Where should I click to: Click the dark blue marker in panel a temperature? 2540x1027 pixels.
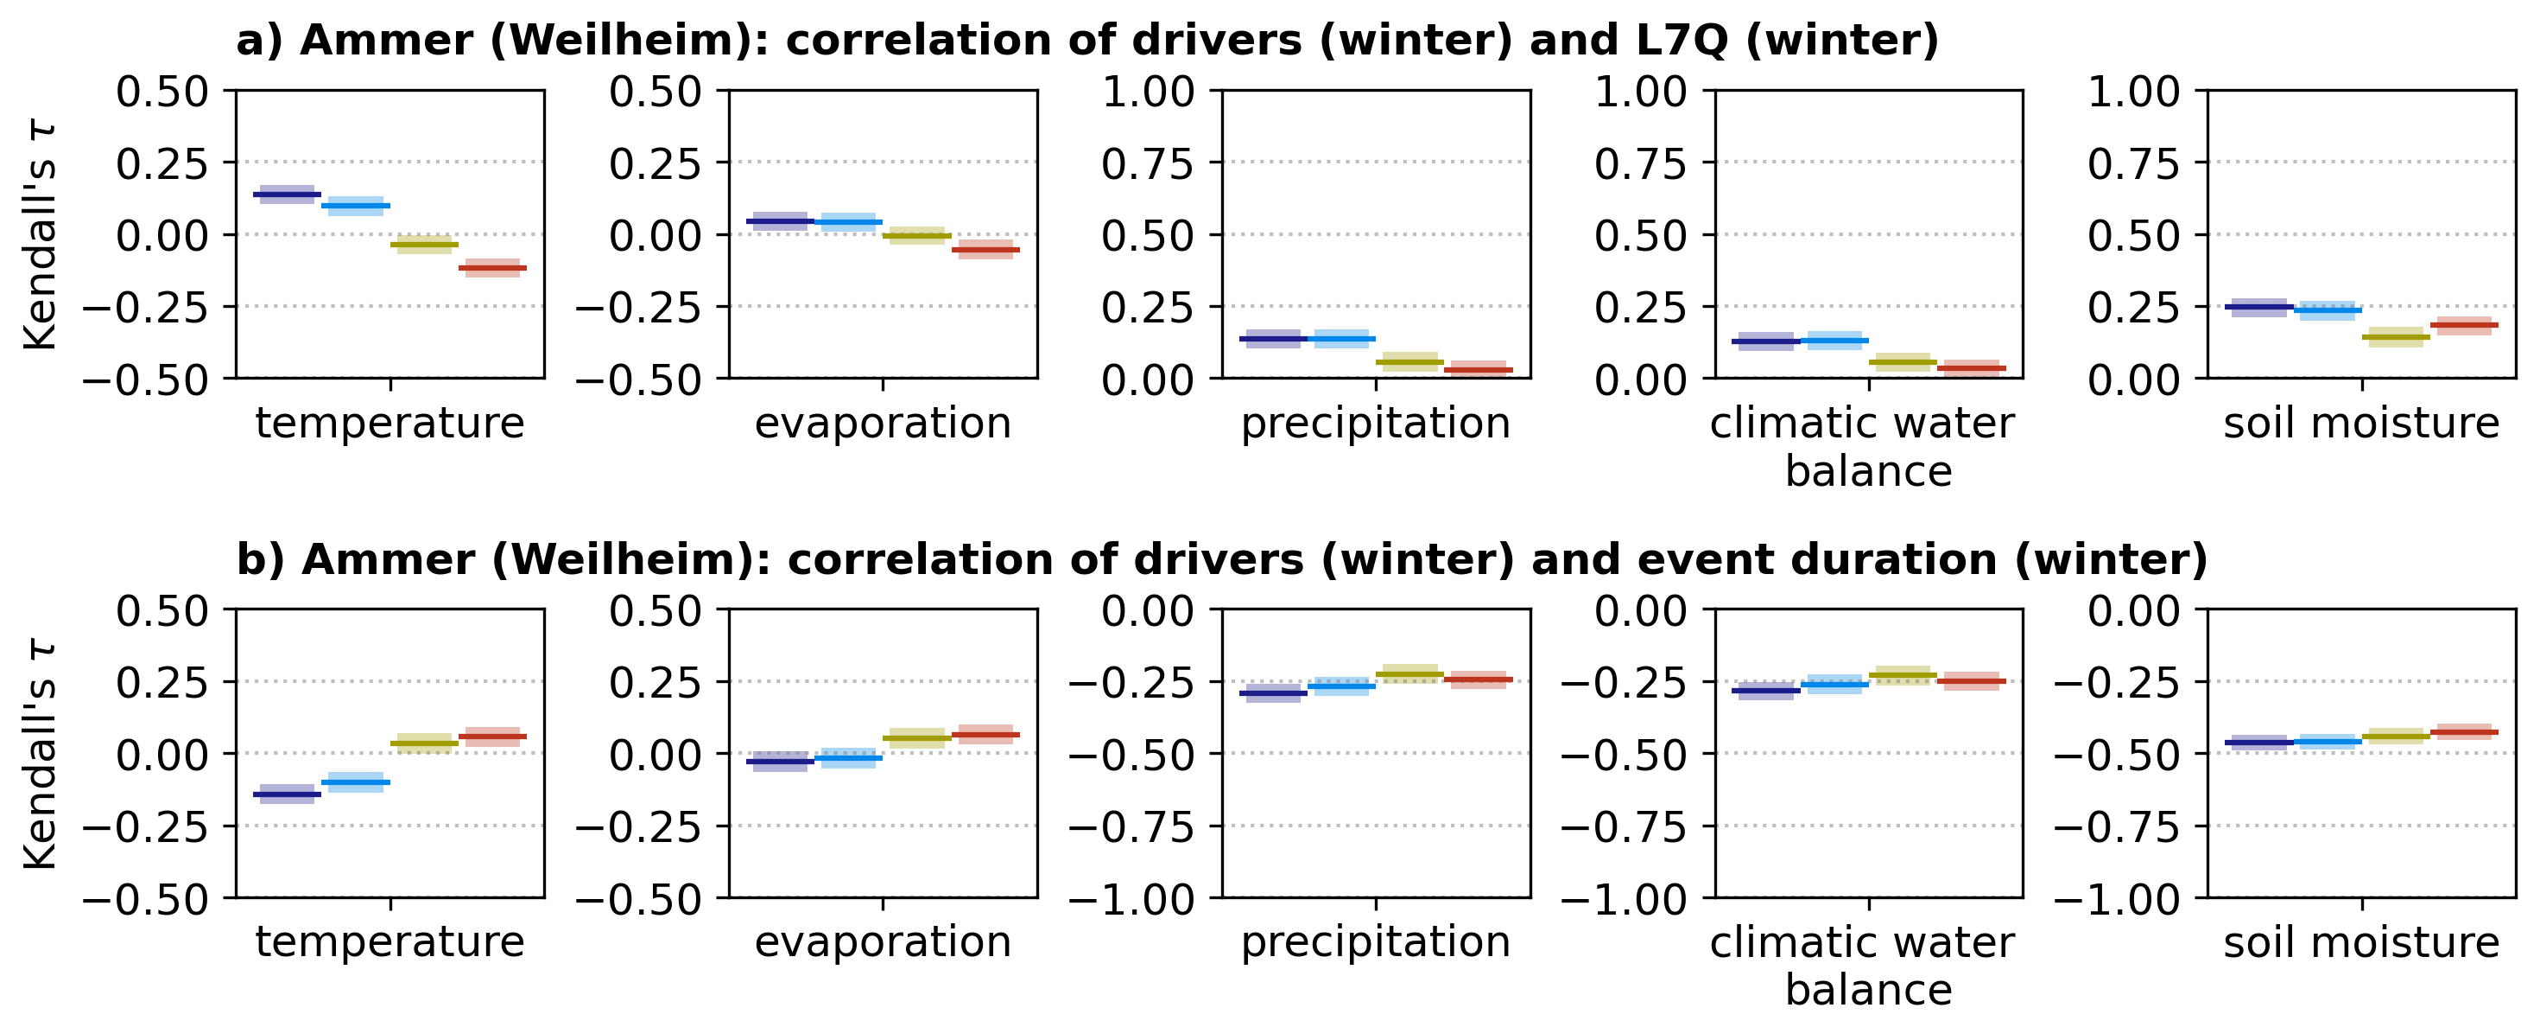[x=287, y=195]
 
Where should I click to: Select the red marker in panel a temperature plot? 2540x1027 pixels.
[x=493, y=267]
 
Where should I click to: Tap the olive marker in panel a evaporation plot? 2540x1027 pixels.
[x=917, y=236]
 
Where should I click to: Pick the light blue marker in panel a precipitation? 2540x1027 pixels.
[x=1342, y=338]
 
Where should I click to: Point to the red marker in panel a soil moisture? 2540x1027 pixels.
[x=2464, y=324]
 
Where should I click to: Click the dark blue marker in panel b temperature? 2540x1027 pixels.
[x=287, y=794]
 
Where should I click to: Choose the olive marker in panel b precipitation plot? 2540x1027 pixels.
[x=1410, y=675]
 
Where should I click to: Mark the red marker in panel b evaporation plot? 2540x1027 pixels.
[x=986, y=735]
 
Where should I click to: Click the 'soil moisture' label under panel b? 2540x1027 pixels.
[x=2361, y=942]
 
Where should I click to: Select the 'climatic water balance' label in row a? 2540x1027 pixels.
[x=1869, y=447]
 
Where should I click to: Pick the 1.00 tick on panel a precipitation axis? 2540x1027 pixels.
[x=1148, y=91]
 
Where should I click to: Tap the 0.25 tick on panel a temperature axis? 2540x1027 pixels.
[x=162, y=163]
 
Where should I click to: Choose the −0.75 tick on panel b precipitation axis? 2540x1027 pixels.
[x=1132, y=826]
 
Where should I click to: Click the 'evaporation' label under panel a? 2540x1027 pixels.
[x=883, y=424]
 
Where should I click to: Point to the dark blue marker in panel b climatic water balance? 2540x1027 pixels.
[x=1766, y=691]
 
